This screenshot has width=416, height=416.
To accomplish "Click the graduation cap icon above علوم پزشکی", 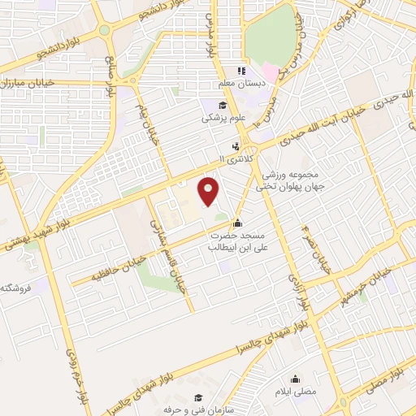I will pyautogui.click(x=222, y=104).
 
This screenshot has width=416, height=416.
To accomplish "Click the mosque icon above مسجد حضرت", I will pyautogui.click(x=236, y=223).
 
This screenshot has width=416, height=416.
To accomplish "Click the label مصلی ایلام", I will pyautogui.click(x=295, y=392).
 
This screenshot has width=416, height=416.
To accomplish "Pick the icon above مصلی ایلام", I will pyautogui.click(x=295, y=379).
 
